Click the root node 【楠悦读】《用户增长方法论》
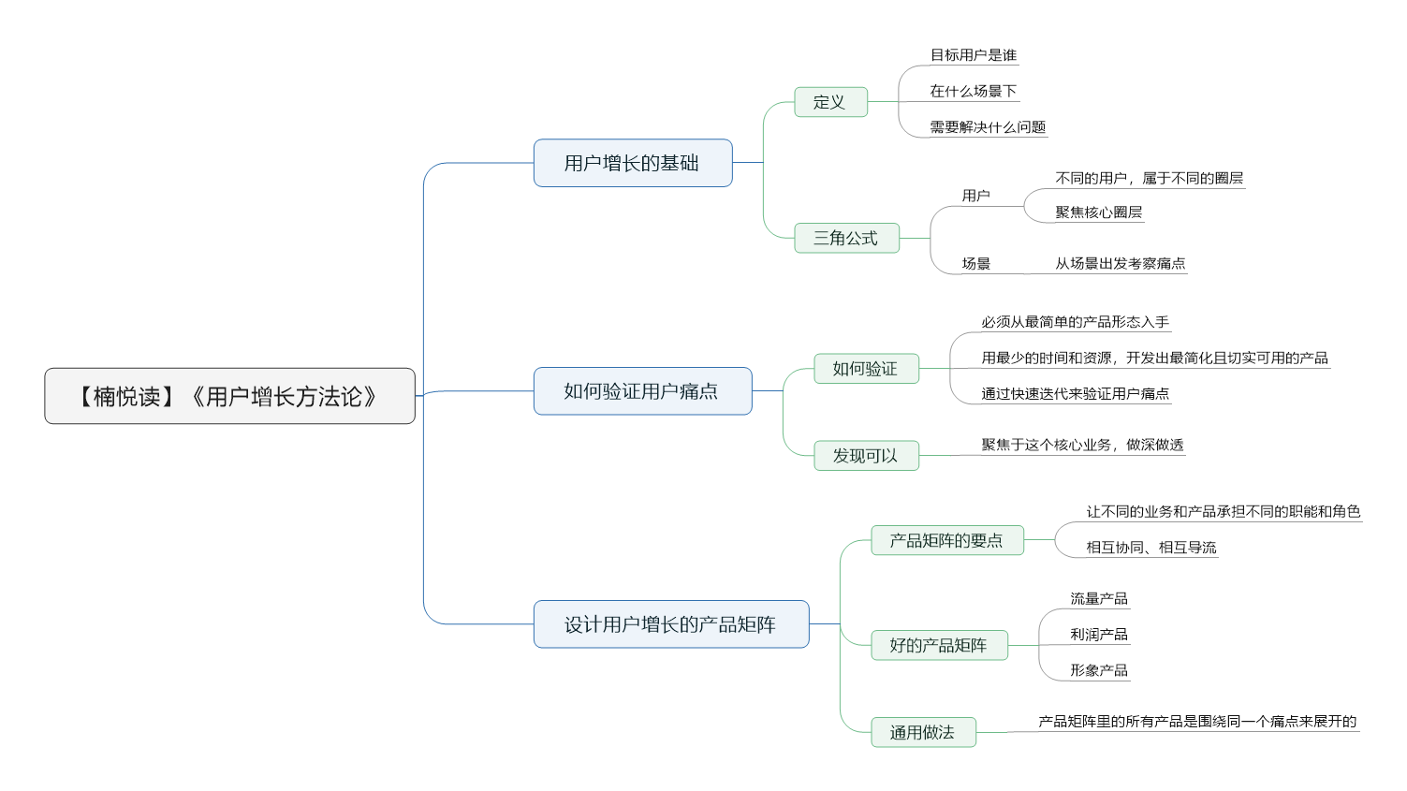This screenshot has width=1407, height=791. (230, 396)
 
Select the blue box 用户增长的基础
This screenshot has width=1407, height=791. (633, 163)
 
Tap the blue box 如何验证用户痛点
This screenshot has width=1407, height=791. (642, 390)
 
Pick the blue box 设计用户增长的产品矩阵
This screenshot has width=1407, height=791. (671, 623)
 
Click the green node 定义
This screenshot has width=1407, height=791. (831, 102)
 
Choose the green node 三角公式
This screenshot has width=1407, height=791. (846, 238)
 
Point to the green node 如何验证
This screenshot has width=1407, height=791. (866, 368)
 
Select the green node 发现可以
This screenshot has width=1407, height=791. (866, 456)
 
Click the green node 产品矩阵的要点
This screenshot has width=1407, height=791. (947, 540)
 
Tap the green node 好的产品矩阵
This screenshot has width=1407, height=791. (939, 645)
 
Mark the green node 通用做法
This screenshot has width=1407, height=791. (923, 732)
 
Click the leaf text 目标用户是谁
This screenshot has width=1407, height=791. (974, 55)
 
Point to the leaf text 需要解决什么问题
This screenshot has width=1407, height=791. (988, 127)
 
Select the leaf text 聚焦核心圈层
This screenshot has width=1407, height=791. (1099, 212)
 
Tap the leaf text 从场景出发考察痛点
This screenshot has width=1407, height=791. (1121, 263)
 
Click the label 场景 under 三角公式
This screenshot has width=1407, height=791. (976, 264)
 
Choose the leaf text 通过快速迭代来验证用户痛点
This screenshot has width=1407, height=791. (1076, 394)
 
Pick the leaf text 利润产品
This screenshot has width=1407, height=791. (1099, 635)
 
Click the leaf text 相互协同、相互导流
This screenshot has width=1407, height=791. (1151, 548)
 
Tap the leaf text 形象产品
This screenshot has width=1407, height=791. (1099, 670)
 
